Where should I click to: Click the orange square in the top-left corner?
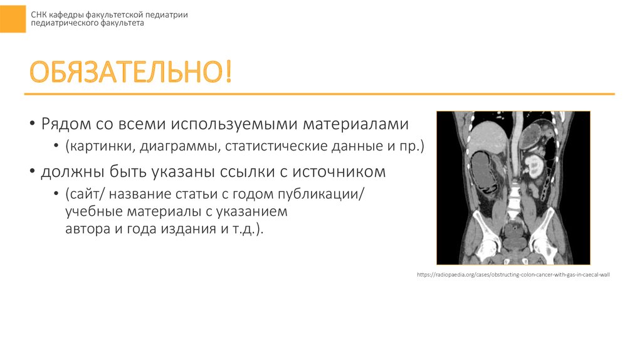[13, 16]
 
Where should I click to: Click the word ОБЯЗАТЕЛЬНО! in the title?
[131, 73]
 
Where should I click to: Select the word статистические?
[266, 147]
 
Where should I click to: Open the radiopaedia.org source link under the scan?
[513, 275]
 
